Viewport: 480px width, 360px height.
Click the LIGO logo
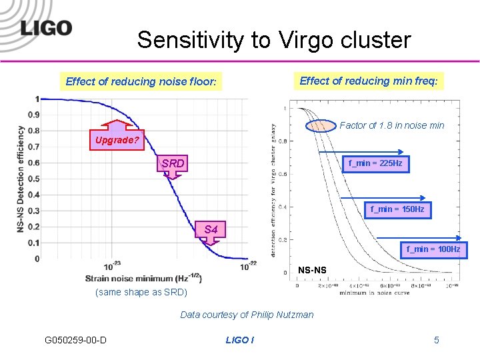pos(46,28)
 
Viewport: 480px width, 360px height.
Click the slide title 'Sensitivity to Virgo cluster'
pos(274,40)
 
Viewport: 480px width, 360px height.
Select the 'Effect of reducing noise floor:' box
pos(141,82)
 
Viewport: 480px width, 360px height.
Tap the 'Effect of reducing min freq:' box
pos(369,81)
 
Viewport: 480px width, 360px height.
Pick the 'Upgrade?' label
pos(117,140)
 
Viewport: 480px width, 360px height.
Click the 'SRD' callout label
pos(173,163)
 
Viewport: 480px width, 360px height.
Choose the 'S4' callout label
pos(211,230)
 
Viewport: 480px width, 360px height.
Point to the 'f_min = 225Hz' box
pos(375,163)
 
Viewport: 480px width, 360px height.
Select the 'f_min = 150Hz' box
pos(397,209)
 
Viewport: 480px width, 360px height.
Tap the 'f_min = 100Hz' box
pos(433,249)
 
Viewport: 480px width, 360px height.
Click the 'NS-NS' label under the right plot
pos(312,270)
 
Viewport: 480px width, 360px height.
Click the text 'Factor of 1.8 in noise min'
pos(391,125)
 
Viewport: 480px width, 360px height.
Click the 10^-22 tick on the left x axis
pos(247,265)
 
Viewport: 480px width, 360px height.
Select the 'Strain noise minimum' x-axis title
pos(143,278)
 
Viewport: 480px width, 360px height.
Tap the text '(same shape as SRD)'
pos(141,293)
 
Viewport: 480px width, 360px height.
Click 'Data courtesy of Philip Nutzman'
pos(247,315)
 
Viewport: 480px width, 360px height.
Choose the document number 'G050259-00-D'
pos(75,340)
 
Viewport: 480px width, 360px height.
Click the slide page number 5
pos(437,340)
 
